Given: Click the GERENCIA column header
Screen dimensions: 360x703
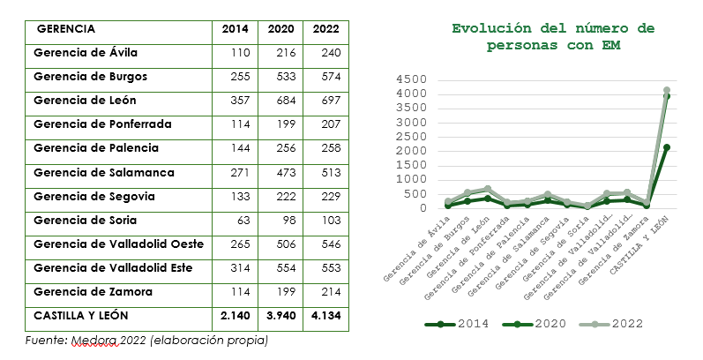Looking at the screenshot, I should click(66, 29).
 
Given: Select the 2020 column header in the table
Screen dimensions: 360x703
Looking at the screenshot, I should click(280, 29).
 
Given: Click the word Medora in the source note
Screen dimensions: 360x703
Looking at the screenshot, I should click(94, 340).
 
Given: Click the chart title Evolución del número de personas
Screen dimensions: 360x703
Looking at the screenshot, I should click(553, 37).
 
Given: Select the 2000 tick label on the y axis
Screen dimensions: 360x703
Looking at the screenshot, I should click(411, 151).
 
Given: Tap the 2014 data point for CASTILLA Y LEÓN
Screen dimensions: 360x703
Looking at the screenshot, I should click(667, 147).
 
